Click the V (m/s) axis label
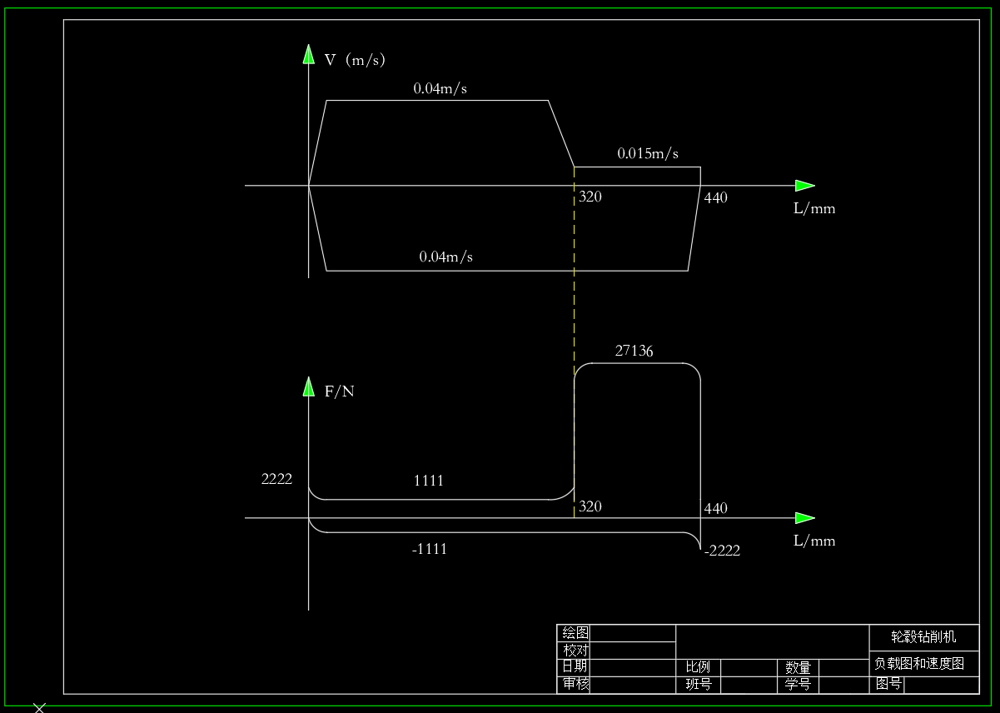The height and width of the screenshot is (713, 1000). pos(355,60)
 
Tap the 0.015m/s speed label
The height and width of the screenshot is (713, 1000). pos(648,154)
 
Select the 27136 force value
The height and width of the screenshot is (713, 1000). pos(634,352)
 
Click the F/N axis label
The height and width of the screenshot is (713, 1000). pos(339,391)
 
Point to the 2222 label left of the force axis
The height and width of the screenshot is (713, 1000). pos(276,479)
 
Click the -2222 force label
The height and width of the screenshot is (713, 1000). pos(721,551)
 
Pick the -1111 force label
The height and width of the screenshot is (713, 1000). pos(429,549)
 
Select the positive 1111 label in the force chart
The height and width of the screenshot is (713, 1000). pos(429,481)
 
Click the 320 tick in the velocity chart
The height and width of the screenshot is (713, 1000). pos(590,197)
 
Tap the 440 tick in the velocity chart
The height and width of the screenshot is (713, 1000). pos(715,198)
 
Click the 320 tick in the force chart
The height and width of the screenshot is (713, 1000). pos(590,506)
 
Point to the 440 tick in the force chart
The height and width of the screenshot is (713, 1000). pos(715,508)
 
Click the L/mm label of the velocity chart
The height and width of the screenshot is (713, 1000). pos(813,209)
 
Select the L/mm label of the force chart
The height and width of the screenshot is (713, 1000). pos(813,541)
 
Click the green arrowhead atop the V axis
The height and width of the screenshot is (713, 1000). pos(308,55)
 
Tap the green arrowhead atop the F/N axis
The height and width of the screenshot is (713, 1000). pos(308,387)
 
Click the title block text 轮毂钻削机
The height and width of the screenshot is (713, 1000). pos(923,637)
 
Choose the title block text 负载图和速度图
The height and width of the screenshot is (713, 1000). pos(918,664)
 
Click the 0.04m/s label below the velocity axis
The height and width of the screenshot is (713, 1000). pos(445,257)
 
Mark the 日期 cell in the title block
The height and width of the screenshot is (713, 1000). pos(575,666)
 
